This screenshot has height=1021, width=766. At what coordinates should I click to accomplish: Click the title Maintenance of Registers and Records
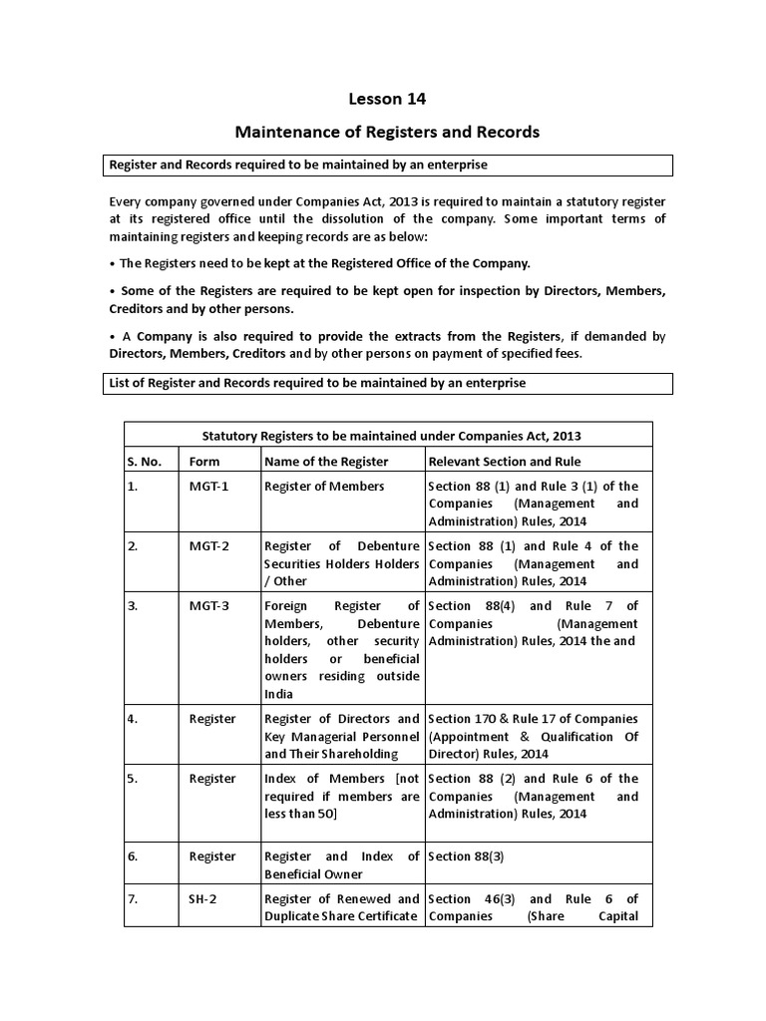click(386, 132)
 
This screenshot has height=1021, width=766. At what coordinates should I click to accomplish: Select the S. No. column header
click(144, 462)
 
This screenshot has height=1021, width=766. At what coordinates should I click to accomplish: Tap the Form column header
click(204, 462)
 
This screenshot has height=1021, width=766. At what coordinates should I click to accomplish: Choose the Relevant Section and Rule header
click(504, 462)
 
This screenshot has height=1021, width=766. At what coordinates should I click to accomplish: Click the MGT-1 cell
click(208, 487)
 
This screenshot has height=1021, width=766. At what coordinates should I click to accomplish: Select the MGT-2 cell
click(208, 546)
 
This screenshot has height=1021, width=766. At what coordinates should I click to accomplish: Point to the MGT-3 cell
click(208, 606)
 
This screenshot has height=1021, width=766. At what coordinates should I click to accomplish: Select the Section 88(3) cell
click(467, 856)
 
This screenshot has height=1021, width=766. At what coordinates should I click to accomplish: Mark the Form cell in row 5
click(211, 779)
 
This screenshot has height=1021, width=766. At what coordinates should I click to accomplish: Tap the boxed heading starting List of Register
click(317, 383)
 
